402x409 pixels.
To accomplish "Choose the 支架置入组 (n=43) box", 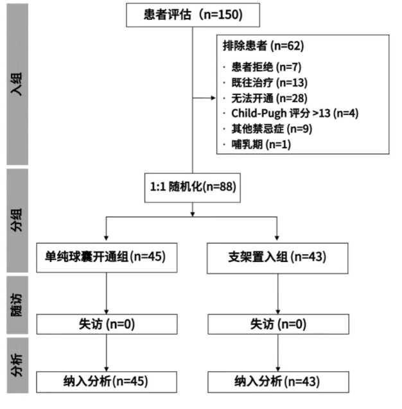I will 277,257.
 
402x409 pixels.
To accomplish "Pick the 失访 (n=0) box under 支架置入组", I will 277,323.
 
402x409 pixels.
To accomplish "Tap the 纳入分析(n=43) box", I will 277,381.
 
